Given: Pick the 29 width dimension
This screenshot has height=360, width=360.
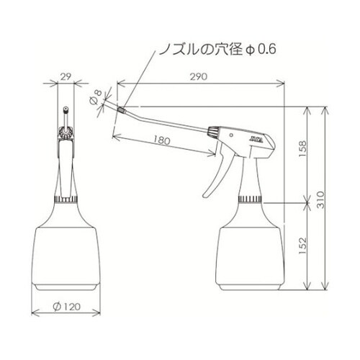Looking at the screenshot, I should coord(66,75).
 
